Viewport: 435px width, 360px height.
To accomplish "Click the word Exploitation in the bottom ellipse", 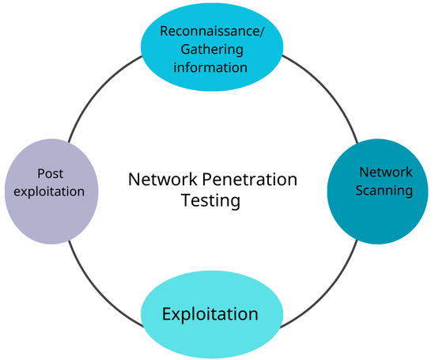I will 210,314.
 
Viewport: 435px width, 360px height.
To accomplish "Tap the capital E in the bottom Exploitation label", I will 167,314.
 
